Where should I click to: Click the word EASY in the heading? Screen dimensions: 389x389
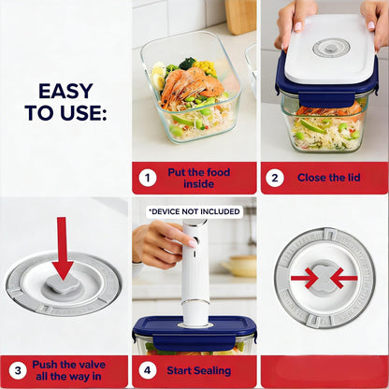pos(65,92)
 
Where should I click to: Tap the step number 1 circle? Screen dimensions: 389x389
pos(148,177)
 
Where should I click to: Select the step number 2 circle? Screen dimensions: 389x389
pos(275,177)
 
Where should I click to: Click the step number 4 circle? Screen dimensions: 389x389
pos(148,371)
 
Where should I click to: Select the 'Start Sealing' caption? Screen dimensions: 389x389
pos(198,371)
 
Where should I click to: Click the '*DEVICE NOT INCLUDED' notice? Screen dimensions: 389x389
pos(194,212)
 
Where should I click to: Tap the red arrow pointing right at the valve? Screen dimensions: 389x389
pos(304,278)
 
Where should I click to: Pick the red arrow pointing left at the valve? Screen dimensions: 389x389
pos(344,278)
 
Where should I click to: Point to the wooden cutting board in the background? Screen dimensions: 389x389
pos(238,16)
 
